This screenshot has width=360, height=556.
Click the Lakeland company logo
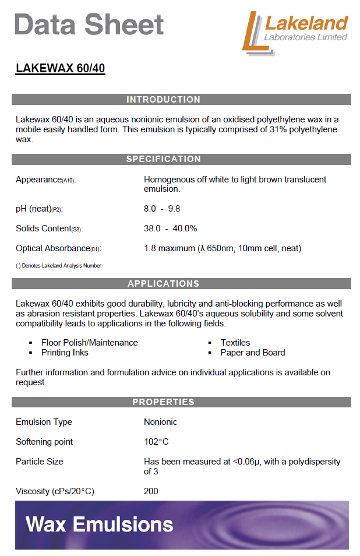click(295, 33)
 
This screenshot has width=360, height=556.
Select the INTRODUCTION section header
click(163, 100)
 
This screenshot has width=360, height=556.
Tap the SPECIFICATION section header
click(163, 159)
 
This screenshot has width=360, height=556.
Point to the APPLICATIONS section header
click(163, 284)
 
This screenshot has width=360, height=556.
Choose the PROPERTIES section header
click(163, 402)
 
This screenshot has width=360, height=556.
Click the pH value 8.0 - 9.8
click(162, 209)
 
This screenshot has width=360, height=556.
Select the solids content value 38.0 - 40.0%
click(170, 228)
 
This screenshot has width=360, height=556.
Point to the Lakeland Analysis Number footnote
click(58, 266)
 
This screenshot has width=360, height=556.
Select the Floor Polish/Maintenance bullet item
click(89, 343)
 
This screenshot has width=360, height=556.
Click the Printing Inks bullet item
click(65, 353)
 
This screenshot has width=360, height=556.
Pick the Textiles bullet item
click(235, 343)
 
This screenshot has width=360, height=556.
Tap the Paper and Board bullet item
click(253, 353)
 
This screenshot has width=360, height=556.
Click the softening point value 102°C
click(156, 442)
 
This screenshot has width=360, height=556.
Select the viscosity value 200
click(151, 491)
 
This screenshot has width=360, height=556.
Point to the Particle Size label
click(39, 462)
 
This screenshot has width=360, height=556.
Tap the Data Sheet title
click(89, 24)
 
